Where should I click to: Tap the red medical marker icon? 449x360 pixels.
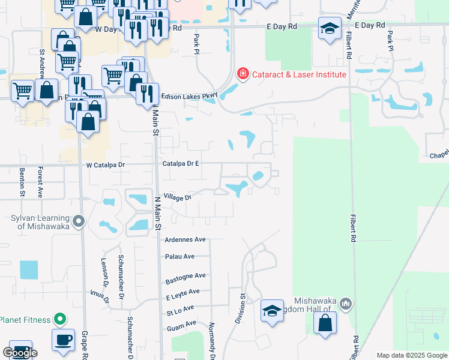pos(243,74)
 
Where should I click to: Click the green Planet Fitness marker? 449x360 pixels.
pos(59,319)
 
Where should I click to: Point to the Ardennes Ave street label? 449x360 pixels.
pos(185,239)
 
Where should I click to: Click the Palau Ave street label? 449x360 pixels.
pos(180,256)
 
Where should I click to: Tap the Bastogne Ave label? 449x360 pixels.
pos(185,275)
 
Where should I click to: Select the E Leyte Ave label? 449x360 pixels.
pos(182,292)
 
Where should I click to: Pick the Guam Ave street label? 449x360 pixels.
pos(182,323)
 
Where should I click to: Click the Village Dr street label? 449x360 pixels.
pos(176,197)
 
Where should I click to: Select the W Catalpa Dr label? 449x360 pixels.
pos(105,164)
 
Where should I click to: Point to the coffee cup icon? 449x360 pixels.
pos(63,339)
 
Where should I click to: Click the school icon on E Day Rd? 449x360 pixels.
pos(330,28)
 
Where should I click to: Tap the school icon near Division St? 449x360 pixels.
pos(272,310)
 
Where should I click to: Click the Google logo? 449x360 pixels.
pos(20,353)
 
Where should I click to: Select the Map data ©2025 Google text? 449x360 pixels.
pos(411,355)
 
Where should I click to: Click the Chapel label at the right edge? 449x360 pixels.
pos(439,154)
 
